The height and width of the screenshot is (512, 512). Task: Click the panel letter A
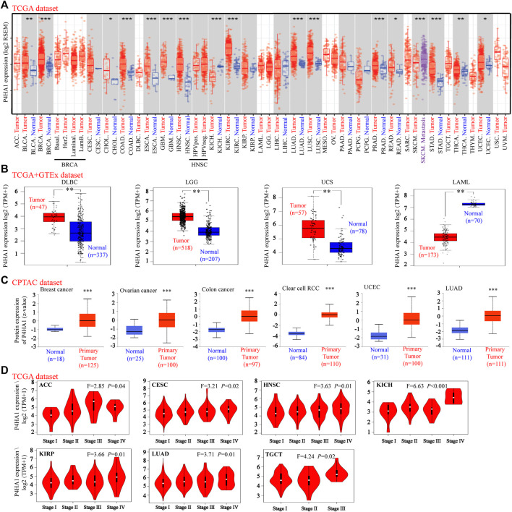(7, 6)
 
